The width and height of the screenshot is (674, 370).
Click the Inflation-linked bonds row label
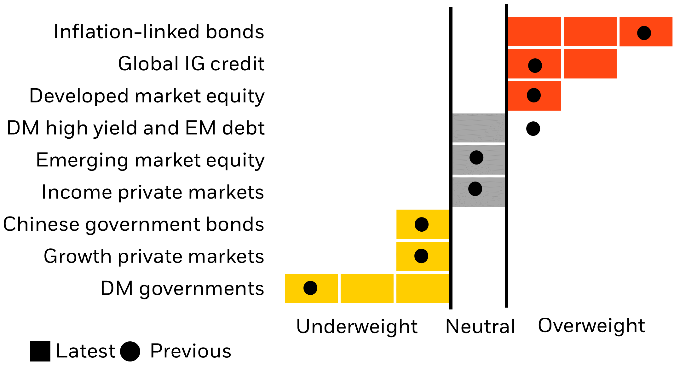click(x=159, y=32)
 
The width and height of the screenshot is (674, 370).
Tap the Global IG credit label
click(x=191, y=64)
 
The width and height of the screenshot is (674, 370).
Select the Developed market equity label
click(x=147, y=96)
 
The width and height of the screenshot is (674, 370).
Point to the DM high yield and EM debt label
click(x=136, y=128)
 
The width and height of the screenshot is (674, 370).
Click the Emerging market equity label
click(x=150, y=160)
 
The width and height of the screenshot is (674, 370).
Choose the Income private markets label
click(x=153, y=192)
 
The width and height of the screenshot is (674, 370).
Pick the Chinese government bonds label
click(x=134, y=224)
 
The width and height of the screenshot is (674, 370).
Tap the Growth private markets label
click(x=154, y=256)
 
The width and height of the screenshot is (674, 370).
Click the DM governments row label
click(x=182, y=288)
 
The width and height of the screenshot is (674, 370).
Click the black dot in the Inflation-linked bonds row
click(x=644, y=33)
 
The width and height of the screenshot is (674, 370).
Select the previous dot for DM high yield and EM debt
click(x=533, y=129)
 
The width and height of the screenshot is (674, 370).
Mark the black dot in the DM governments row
click(x=310, y=288)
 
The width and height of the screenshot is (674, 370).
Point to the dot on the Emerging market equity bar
click(x=476, y=157)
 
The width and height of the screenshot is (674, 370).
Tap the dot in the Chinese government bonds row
click(x=421, y=224)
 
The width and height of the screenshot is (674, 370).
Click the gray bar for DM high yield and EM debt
click(x=478, y=128)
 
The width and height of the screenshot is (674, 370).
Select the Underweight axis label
click(x=357, y=326)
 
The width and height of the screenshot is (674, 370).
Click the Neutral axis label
click(x=480, y=326)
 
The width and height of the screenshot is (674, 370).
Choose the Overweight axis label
click(x=591, y=326)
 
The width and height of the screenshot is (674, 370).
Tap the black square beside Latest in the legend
click(x=40, y=351)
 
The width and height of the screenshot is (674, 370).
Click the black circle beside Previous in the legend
click(x=130, y=351)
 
